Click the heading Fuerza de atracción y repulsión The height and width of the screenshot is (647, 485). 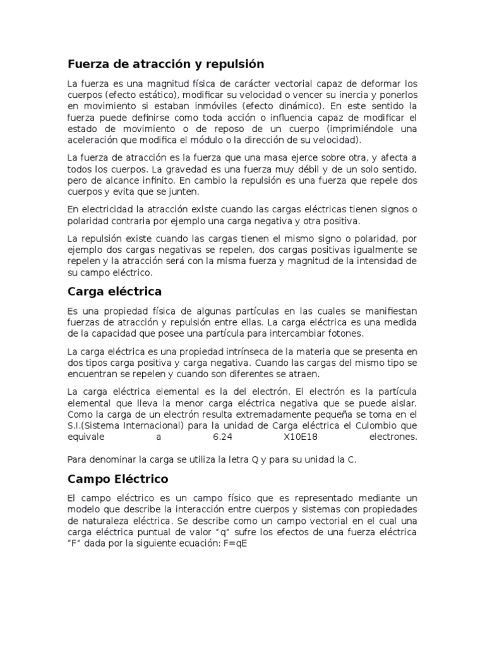click(x=165, y=64)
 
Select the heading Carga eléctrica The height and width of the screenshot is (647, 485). click(x=114, y=291)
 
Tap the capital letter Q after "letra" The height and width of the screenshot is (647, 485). click(x=254, y=461)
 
